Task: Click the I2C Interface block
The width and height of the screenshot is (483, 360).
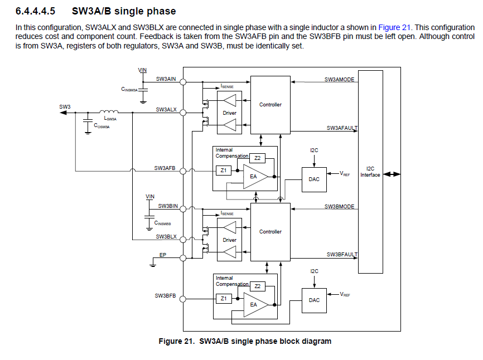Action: [370, 172]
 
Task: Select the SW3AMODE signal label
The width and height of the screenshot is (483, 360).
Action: [340, 80]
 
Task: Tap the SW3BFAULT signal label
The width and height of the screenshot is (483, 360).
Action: [341, 255]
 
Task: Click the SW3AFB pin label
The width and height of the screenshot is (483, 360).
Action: [165, 168]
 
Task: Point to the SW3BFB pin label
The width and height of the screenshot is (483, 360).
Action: [165, 296]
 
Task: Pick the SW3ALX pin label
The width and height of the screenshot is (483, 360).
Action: [166, 110]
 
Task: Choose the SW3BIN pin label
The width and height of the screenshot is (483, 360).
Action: [167, 206]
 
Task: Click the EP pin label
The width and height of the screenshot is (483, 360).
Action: [163, 255]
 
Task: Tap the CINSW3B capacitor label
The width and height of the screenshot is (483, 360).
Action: [162, 223]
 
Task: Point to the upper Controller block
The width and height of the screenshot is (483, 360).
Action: [271, 105]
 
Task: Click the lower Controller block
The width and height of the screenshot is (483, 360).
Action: [271, 232]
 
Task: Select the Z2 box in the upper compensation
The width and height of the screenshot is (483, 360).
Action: [257, 158]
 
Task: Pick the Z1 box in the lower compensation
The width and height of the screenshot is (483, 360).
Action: [223, 299]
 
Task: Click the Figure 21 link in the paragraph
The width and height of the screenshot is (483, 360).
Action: [395, 27]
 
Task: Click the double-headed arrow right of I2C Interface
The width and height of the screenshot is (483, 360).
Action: [392, 174]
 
